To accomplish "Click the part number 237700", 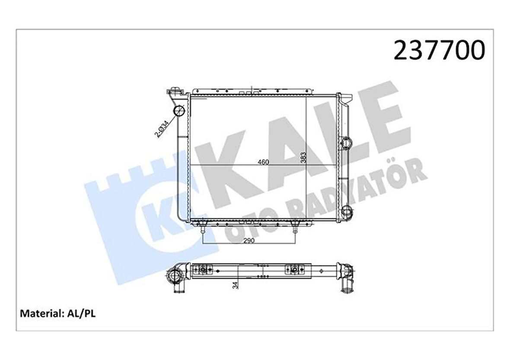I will point(438,51).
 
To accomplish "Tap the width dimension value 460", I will point(263,162).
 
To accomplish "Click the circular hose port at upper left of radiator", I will point(178,111).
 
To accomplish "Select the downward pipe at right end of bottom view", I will point(347,285).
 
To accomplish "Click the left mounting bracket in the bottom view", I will point(202,270).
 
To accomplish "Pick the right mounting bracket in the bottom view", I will point(293,270).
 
